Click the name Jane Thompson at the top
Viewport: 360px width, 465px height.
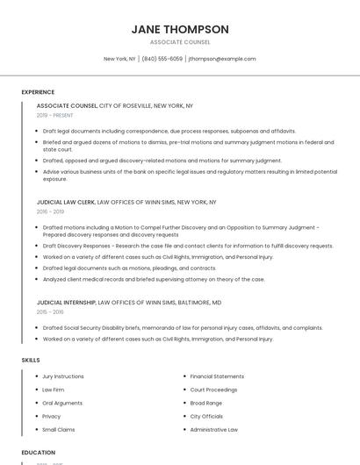[180, 29]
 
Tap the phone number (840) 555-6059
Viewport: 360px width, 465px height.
[162, 59]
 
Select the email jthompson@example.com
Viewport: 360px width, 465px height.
[222, 59]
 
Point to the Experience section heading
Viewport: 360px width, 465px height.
[38, 92]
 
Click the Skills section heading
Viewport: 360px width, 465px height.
[31, 360]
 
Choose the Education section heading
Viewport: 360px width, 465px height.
[39, 453]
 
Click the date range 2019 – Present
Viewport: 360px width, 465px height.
[55, 115]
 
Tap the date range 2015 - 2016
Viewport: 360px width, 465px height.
[50, 311]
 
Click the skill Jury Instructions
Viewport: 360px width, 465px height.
[63, 376]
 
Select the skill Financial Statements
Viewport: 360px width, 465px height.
[217, 376]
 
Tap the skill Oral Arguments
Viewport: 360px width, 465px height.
[62, 403]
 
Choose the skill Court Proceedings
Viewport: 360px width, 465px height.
[213, 390]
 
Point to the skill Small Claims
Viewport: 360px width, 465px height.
[59, 430]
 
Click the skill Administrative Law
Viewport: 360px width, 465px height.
[214, 430]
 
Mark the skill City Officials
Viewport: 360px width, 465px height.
[207, 417]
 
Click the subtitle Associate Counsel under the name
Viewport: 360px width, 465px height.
[180, 42]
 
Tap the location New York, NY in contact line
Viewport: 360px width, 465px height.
[119, 59]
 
